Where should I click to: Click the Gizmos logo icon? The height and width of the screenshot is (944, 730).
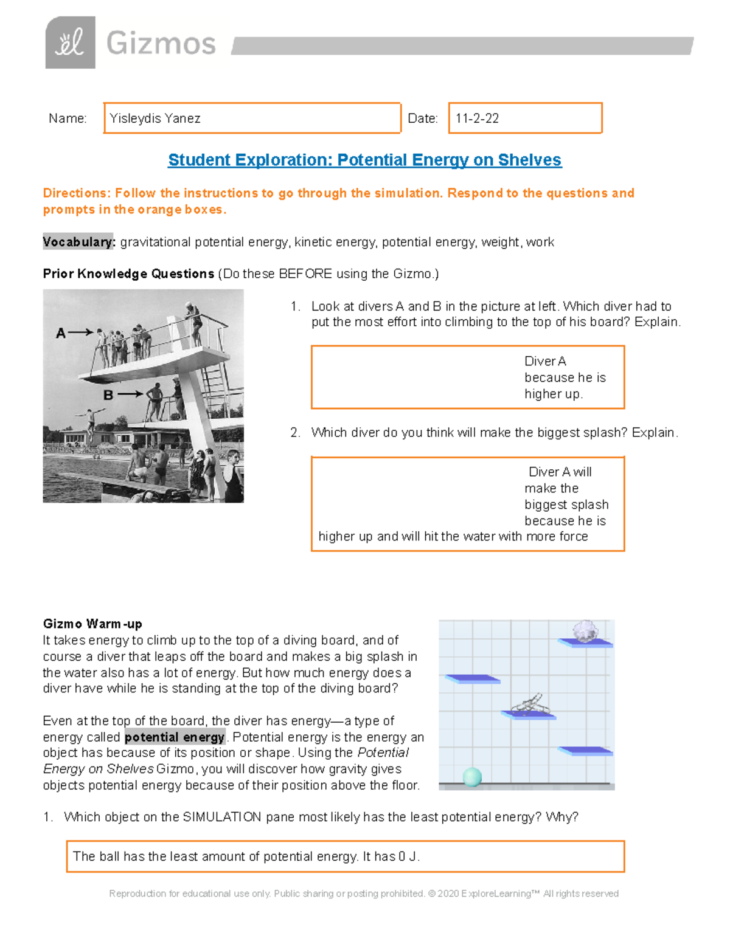(70, 43)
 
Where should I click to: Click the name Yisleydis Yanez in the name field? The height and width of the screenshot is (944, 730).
(155, 119)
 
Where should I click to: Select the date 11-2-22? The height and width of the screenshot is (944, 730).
(477, 119)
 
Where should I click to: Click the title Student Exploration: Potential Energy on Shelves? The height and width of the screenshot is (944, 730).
(364, 160)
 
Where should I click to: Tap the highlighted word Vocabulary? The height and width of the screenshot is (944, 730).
(78, 242)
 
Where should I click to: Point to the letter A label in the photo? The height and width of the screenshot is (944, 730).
(60, 333)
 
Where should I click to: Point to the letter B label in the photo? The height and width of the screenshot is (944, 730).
(108, 395)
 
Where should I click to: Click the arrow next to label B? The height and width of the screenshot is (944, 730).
(130, 394)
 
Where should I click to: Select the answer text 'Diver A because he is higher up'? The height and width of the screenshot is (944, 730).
(565, 377)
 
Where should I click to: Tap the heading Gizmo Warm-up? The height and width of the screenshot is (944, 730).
(92, 624)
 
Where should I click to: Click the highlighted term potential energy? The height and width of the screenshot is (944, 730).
(175, 737)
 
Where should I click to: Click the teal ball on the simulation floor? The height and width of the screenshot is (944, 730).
(473, 776)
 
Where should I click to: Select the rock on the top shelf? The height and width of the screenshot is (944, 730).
(585, 631)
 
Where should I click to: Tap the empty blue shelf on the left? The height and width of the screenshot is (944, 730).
(473, 679)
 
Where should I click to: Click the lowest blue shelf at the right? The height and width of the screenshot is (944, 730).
(585, 751)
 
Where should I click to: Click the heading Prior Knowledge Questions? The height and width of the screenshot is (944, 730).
(128, 274)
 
